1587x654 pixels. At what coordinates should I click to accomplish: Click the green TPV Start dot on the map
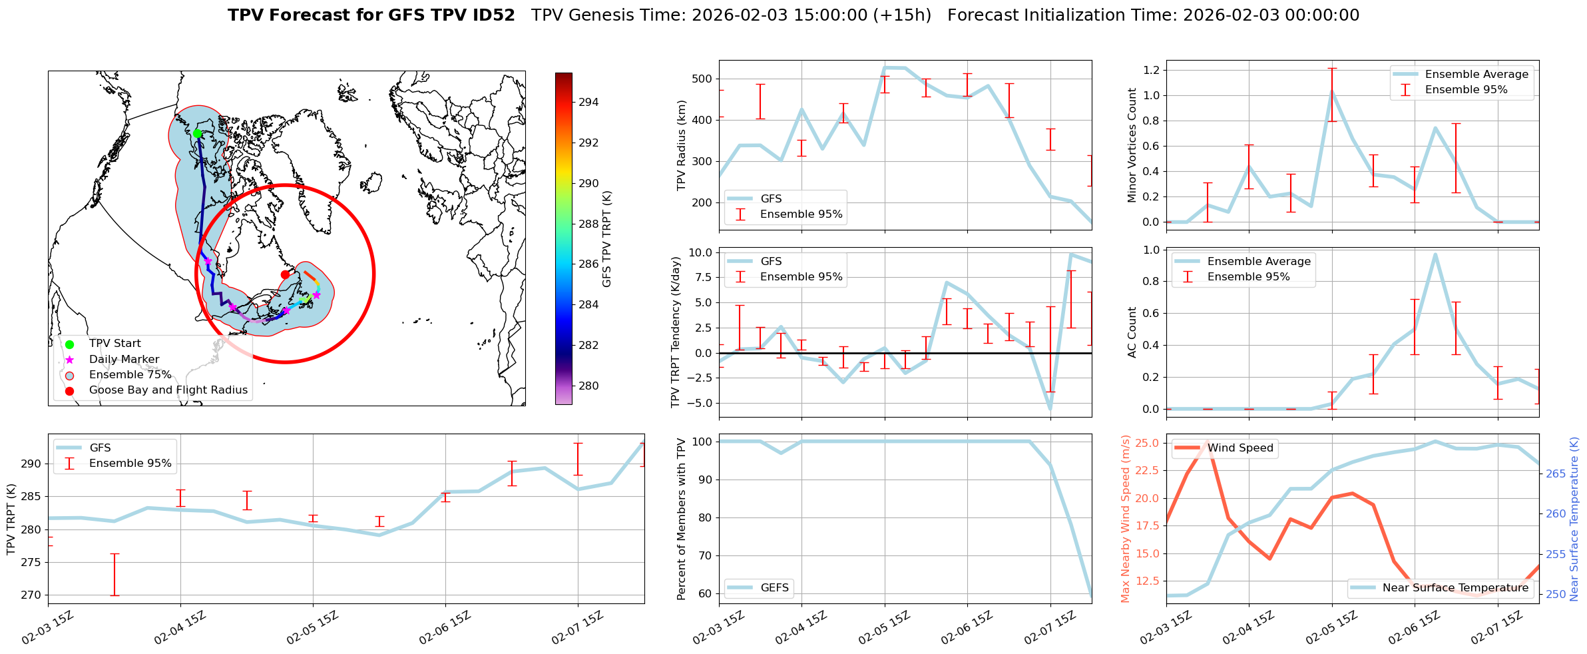197,134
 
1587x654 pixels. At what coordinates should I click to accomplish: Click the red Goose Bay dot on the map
285,274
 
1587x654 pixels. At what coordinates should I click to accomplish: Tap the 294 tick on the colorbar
588,102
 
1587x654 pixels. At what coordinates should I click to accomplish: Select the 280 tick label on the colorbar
588,386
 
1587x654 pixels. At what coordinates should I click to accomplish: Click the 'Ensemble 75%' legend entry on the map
130,375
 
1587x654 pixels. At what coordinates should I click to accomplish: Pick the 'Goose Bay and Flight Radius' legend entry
168,390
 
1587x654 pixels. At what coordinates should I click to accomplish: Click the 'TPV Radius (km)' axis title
681,145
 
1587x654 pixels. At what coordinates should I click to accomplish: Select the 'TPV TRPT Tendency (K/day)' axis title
676,332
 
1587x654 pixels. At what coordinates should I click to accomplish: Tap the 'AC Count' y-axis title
1132,332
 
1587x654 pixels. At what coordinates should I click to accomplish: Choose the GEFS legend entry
774,587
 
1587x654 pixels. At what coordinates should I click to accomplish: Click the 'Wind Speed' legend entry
1240,448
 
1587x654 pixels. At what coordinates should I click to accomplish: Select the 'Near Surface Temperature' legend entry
1455,587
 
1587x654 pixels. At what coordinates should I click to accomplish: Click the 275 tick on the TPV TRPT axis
31,562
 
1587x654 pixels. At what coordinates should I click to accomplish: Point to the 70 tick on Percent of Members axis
704,555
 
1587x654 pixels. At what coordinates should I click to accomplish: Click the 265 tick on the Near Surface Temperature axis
1556,474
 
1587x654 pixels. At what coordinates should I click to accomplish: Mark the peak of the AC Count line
1435,254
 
